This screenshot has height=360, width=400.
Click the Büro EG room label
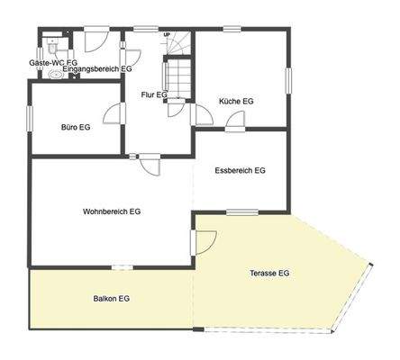75,128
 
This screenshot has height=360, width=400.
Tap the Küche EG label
236,102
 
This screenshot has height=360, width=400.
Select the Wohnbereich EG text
112,211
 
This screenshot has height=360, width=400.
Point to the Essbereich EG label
241,170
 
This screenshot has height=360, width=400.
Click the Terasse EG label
269,273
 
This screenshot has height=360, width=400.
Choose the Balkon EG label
112,298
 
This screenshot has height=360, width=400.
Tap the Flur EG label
155,94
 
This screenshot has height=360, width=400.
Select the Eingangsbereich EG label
97,68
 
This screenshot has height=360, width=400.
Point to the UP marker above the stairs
167,35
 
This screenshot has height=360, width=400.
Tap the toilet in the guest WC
54,42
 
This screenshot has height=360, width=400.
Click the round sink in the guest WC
58,76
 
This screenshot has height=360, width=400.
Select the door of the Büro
114,113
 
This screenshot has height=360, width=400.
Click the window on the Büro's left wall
30,120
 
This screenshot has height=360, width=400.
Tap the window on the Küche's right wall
288,81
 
